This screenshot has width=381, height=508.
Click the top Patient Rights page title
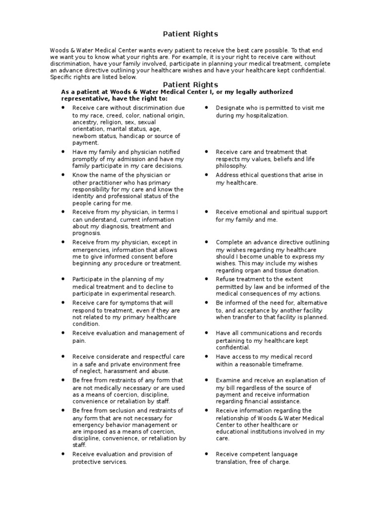tap(190, 34)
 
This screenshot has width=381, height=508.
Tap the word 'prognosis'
tap(86, 233)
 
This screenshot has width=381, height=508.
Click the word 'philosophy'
tap(231, 166)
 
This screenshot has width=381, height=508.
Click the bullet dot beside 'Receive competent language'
tap(206, 454)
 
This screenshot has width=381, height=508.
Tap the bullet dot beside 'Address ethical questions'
tap(206, 175)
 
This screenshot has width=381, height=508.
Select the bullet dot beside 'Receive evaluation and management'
tap(63, 333)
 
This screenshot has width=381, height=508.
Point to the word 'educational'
tap(233, 432)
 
